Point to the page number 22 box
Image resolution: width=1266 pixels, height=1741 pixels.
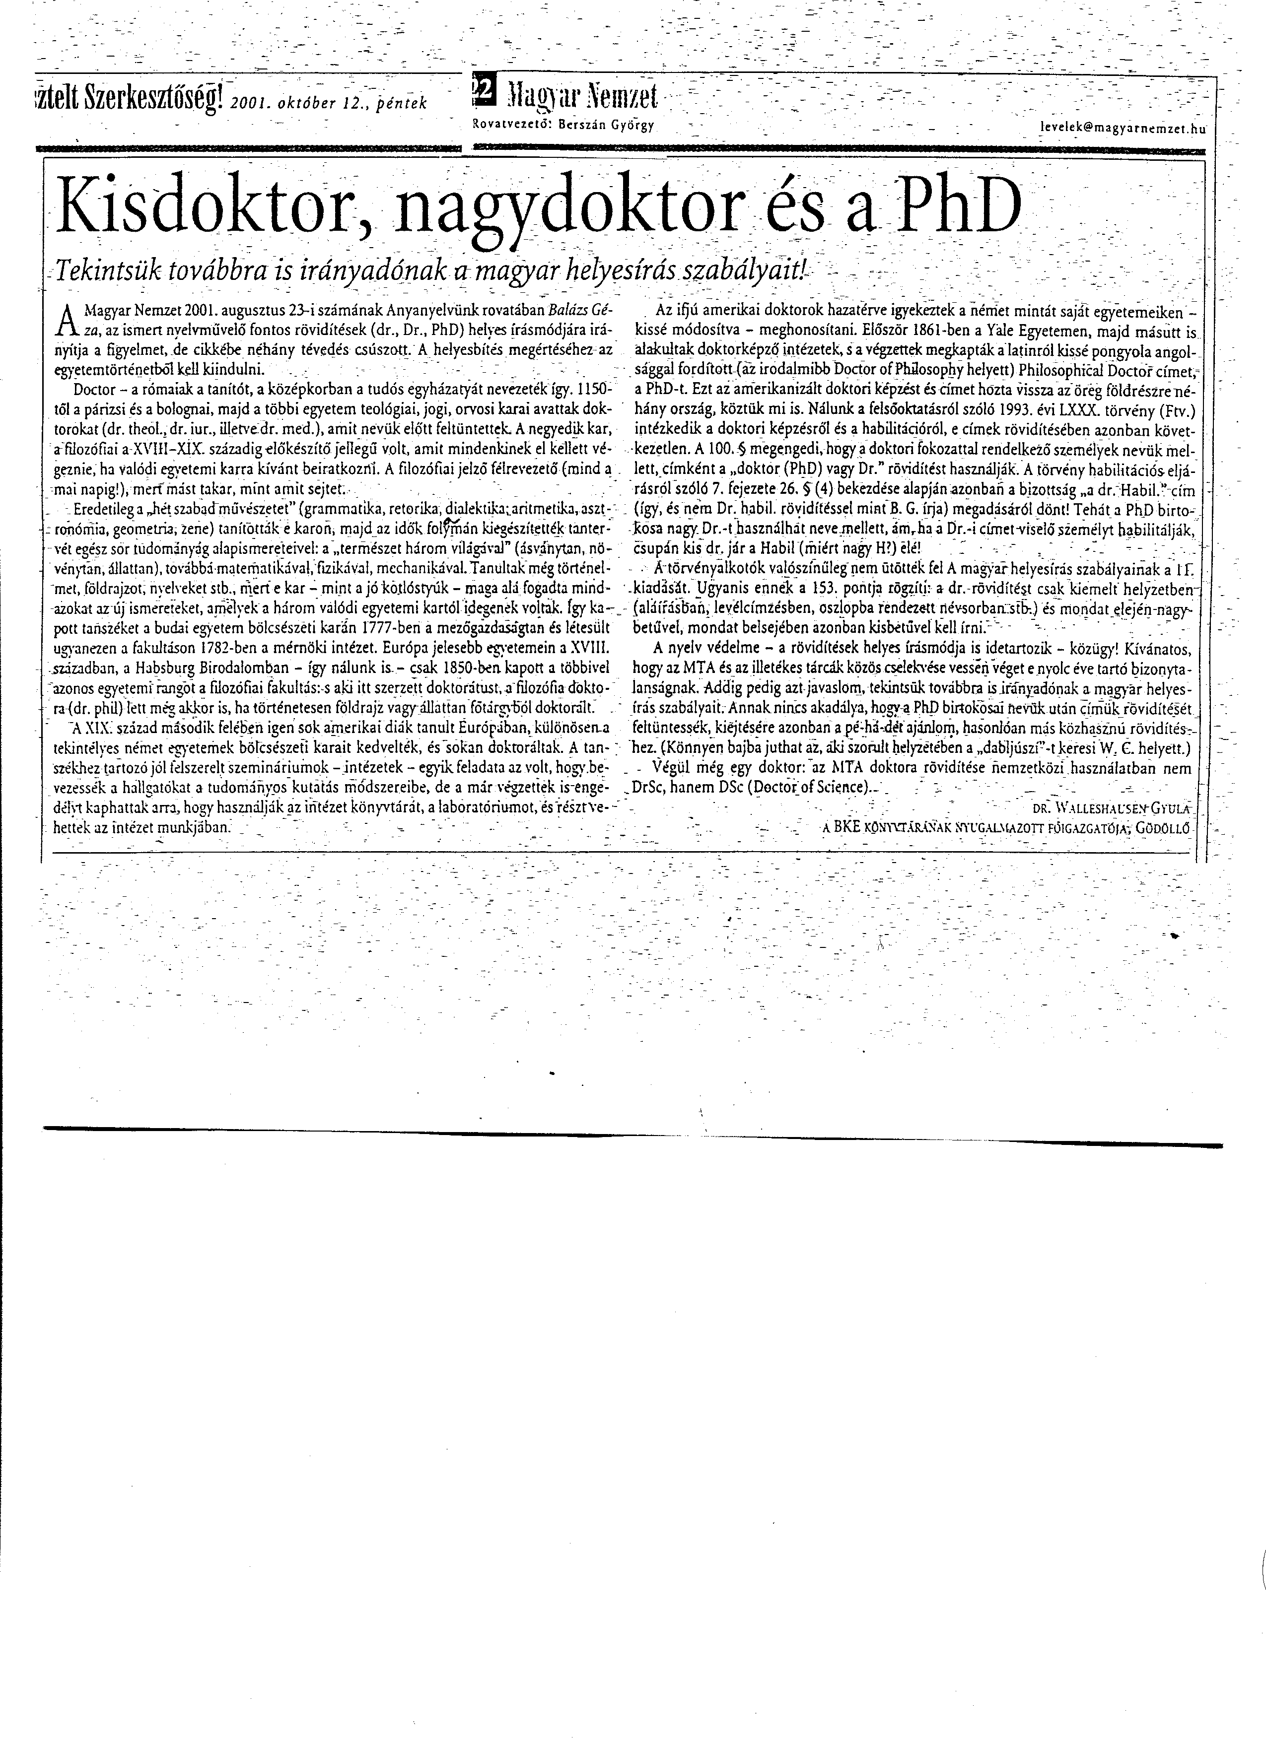[485, 93]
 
